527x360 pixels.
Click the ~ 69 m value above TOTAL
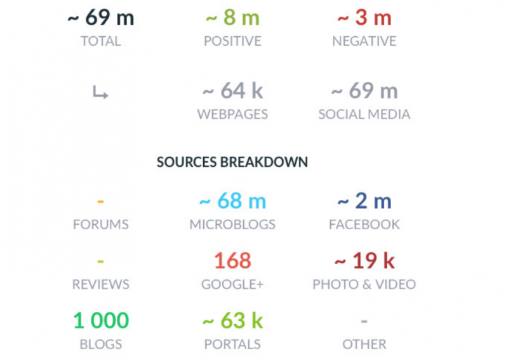[x=100, y=18]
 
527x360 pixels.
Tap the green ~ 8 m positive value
[x=232, y=18]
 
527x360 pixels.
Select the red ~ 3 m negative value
[x=364, y=18]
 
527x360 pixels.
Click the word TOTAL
[x=100, y=41]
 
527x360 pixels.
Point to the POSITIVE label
[x=232, y=41]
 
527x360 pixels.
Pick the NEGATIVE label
[x=364, y=41]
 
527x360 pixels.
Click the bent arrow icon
[x=100, y=93]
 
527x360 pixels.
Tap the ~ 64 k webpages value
[x=232, y=91]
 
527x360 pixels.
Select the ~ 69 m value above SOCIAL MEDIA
[x=364, y=91]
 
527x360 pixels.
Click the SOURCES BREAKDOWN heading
[x=232, y=162]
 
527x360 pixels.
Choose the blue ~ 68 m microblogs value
[x=232, y=202]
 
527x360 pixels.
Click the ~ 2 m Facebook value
[x=364, y=202]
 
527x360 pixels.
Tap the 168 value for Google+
[x=232, y=261]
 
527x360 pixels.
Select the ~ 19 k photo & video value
[x=364, y=261]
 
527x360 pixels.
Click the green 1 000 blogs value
[x=100, y=321]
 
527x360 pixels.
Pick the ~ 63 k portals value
[x=232, y=321]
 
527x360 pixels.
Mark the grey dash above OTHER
[x=364, y=321]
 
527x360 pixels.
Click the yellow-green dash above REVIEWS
[x=100, y=262]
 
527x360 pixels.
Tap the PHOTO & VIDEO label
[x=364, y=284]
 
